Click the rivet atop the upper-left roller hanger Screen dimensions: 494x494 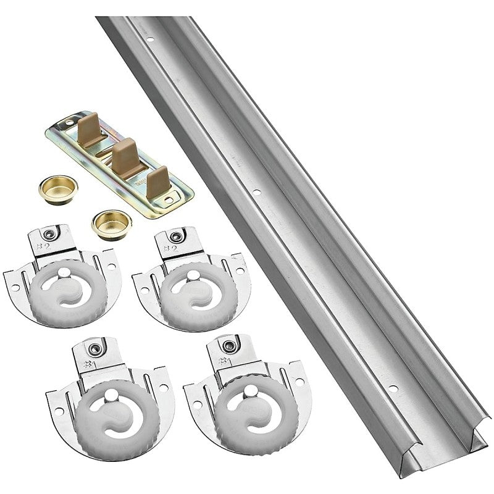(49, 233)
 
